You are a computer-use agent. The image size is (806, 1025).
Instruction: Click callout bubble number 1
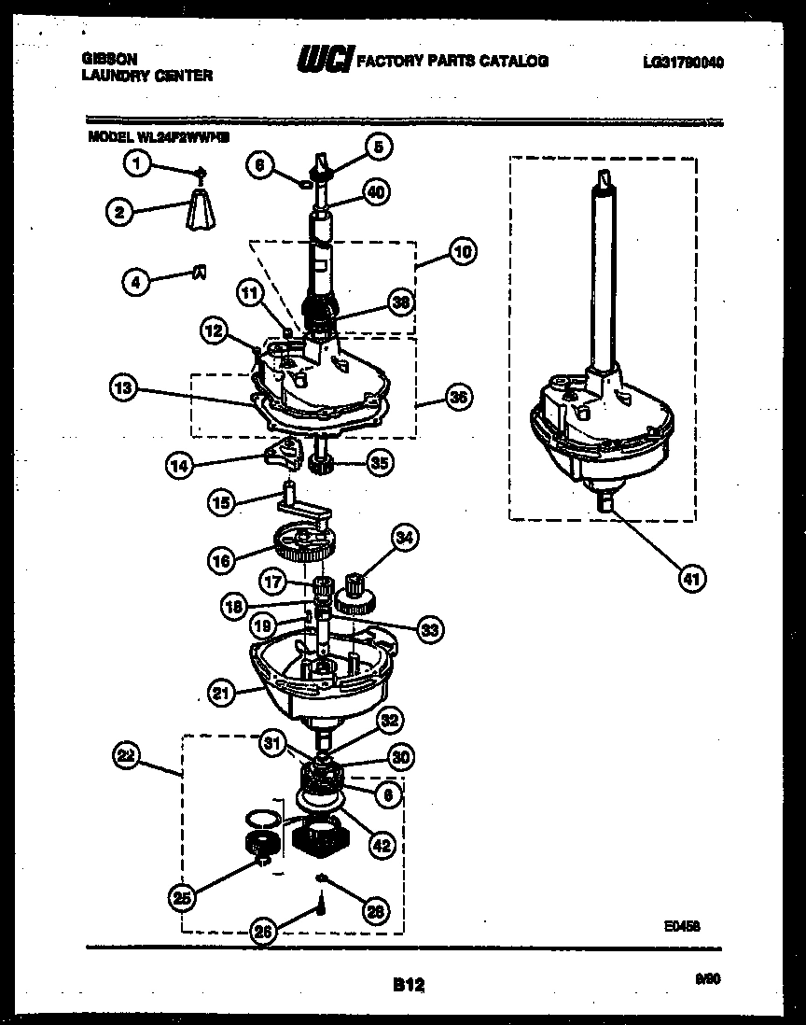point(138,164)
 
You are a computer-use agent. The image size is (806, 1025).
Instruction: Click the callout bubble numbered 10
point(462,251)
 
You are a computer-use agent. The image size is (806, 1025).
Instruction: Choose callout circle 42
point(382,846)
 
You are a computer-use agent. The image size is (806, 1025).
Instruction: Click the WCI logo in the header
point(324,61)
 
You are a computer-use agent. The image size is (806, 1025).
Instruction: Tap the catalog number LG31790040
point(683,63)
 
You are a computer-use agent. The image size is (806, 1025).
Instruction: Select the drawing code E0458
point(682,926)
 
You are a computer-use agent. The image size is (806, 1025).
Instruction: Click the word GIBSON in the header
point(109,58)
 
